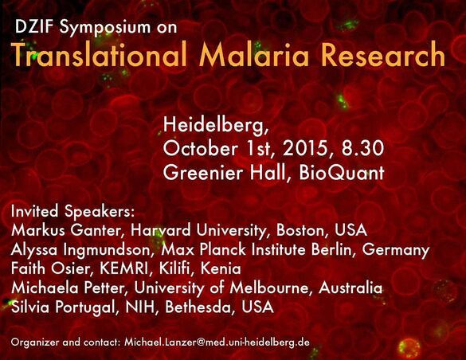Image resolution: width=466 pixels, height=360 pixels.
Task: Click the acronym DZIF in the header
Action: pos(35,27)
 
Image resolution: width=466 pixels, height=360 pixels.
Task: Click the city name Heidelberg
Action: pos(216,126)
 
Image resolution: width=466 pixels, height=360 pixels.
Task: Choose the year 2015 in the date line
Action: pos(305,148)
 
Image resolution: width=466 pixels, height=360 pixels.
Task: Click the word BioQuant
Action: pos(342,173)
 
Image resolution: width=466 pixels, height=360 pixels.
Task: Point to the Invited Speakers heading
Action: pos(73,212)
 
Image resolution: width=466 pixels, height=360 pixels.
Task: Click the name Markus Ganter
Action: pos(65,230)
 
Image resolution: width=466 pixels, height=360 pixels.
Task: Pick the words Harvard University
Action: pos(198,230)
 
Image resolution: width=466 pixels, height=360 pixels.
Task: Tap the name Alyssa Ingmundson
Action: pos(81,250)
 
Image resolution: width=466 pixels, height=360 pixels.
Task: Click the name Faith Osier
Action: pos(50,268)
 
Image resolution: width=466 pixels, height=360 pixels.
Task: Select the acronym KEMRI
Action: pos(123,268)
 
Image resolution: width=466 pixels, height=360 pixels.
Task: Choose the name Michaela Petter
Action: pos(67,288)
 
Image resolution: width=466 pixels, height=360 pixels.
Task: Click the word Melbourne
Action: pos(269,288)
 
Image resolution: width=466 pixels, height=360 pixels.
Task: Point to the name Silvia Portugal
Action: pos(63,307)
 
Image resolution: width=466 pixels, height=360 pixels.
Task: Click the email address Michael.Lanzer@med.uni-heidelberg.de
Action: pos(217,342)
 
